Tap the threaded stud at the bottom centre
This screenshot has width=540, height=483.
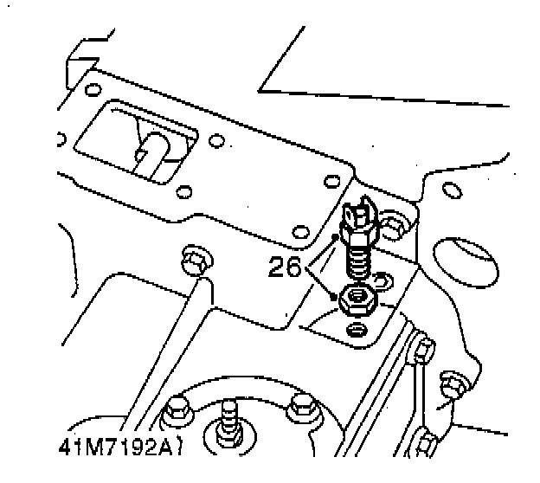tap(229, 417)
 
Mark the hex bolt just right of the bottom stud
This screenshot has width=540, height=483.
tap(302, 406)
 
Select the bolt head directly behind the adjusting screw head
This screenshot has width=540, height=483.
tap(394, 226)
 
